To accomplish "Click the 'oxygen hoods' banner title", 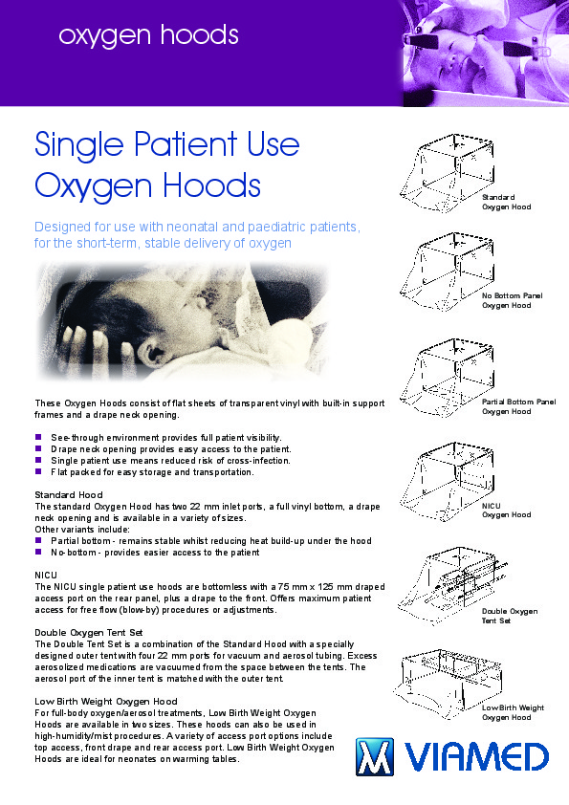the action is (x=148, y=36).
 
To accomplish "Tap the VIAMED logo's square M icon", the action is (x=375, y=756).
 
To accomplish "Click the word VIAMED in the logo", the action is (x=476, y=757).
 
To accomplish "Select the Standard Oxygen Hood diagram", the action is (x=447, y=173).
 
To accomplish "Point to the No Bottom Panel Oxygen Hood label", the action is (x=512, y=300).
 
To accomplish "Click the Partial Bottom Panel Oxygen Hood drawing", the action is (x=447, y=378).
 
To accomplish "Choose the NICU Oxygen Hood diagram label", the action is (x=506, y=511).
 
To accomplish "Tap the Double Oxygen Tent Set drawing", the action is (x=452, y=585).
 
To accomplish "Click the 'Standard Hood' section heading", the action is (x=69, y=495).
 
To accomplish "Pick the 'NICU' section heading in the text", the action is (x=46, y=575).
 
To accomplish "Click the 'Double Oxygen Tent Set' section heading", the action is (x=88, y=633).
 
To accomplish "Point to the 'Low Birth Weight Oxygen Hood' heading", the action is (x=106, y=702).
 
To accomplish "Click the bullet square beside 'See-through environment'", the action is (x=38, y=438).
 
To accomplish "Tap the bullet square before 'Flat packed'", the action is (x=38, y=471).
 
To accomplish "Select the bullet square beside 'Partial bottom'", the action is (x=38, y=540).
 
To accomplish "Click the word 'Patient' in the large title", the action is (x=186, y=144).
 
